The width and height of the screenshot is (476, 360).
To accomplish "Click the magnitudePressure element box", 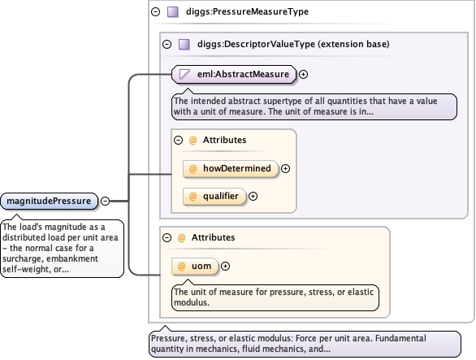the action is tap(50, 201).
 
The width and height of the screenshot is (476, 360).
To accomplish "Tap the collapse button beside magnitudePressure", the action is tap(105, 201).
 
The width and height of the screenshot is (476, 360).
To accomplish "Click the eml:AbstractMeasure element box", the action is tap(234, 74).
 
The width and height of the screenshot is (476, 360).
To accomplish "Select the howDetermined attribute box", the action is tap(231, 168).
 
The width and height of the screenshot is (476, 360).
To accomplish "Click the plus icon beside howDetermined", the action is tap(285, 168).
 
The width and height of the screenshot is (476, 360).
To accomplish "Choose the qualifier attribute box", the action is tap(214, 197).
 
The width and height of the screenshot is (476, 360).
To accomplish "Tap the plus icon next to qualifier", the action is tap(253, 197).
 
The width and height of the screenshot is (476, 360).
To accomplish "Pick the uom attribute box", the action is tap(195, 266).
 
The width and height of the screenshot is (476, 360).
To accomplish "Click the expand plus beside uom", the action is tap(225, 266).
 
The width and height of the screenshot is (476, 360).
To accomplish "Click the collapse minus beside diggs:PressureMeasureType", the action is tap(155, 12).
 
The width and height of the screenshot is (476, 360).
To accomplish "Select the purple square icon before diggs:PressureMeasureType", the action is tap(173, 12).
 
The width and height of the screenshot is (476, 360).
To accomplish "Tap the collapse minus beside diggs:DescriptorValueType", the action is tap(167, 45).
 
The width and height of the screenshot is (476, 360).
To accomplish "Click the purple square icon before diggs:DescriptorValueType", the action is tap(184, 45).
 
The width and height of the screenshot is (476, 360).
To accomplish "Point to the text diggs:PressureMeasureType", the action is tap(247, 11).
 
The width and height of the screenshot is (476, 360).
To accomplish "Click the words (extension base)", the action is tap(353, 44).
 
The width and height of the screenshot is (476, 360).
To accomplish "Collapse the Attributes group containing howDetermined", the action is tap(178, 140).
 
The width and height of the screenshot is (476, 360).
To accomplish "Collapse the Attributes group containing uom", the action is tap(167, 237).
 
